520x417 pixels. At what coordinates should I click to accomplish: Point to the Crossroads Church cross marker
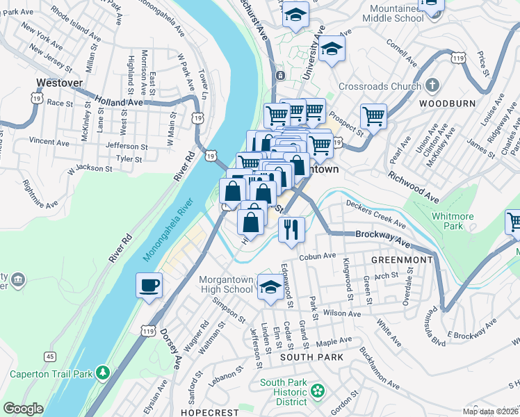tap(432, 86)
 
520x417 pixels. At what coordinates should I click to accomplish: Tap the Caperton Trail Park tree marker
tap(103, 373)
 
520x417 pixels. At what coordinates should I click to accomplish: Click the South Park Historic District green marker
tap(317, 391)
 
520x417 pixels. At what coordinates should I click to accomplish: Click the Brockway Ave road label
tap(382, 238)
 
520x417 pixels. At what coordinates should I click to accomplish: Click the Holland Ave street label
tap(119, 101)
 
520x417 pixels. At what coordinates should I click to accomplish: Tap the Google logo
tap(23, 409)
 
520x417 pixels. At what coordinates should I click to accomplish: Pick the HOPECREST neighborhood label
tap(209, 412)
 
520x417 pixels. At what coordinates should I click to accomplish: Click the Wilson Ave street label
tap(341, 313)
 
